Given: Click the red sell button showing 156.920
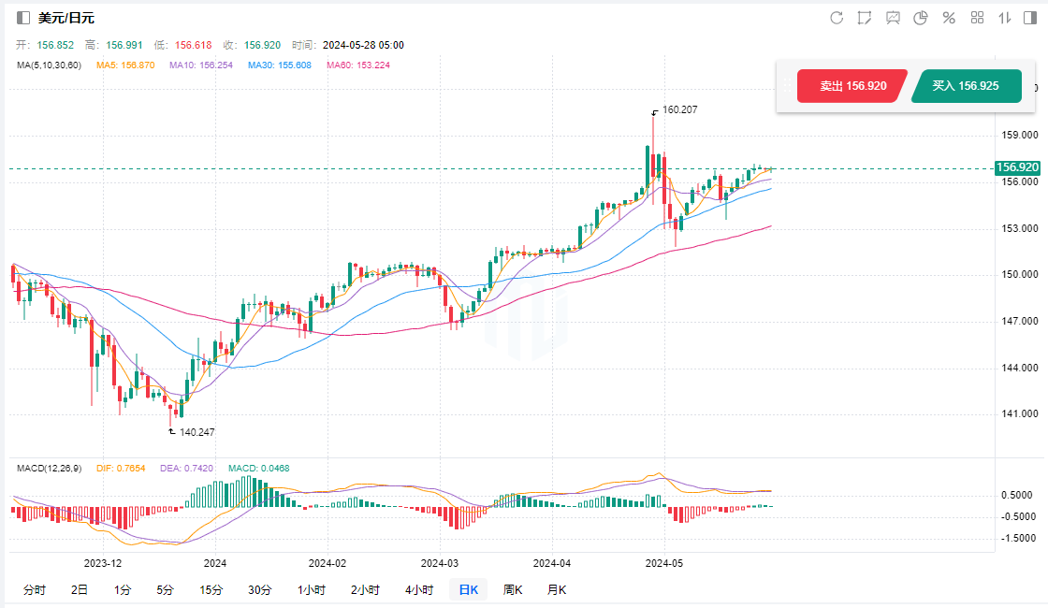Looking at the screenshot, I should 852,86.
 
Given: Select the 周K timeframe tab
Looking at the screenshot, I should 512,589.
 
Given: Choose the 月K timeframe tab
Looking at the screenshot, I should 556,589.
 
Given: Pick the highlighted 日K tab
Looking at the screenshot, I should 468,589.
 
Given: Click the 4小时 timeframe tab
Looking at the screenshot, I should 418,589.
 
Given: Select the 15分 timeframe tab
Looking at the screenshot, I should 211,589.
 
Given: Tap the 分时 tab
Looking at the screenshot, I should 34,589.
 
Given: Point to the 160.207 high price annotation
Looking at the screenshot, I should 679,109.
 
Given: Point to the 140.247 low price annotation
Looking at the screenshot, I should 196,432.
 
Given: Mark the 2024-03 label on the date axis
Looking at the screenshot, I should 439,563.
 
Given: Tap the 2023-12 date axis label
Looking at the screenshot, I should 103,563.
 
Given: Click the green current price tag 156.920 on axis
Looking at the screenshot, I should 1017,167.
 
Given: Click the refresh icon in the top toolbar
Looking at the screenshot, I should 837,18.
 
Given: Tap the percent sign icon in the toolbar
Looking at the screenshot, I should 949,18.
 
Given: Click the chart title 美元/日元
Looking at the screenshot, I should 66,18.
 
